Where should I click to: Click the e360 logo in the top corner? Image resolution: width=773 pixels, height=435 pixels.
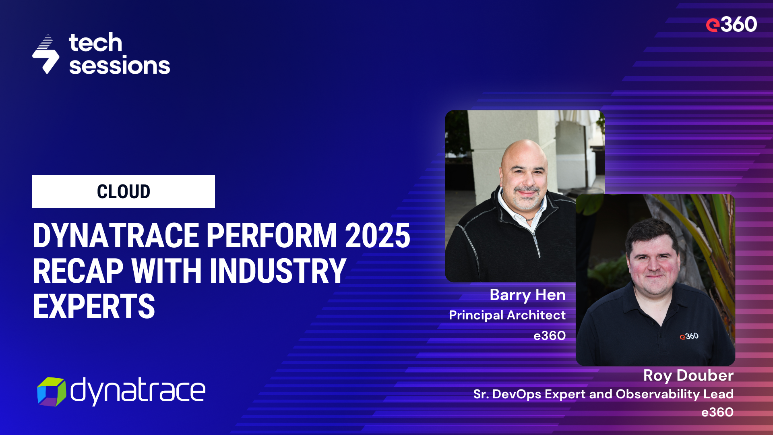point(731,25)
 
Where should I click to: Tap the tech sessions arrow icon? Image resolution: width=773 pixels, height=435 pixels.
point(46,54)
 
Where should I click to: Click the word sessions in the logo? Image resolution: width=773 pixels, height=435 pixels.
point(120,66)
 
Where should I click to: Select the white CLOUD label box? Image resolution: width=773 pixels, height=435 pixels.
point(123,191)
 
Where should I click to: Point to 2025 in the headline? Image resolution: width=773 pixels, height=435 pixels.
point(377,236)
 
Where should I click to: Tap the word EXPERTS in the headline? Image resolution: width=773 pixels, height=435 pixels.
point(94,307)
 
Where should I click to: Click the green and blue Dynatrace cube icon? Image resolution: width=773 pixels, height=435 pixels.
point(52,391)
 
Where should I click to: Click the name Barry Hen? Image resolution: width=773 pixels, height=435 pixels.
point(527,295)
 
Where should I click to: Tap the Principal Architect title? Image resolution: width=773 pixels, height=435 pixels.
point(507,315)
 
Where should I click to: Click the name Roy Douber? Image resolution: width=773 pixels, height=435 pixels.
point(688,375)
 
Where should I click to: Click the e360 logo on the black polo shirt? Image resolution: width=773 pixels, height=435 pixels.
point(689,336)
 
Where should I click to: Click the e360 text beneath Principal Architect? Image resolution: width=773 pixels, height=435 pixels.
point(550,336)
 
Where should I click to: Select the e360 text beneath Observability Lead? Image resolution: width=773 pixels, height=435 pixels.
point(717,412)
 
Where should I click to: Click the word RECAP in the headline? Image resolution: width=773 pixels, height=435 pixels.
point(78,271)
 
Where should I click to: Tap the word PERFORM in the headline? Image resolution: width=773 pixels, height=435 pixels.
point(272,236)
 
